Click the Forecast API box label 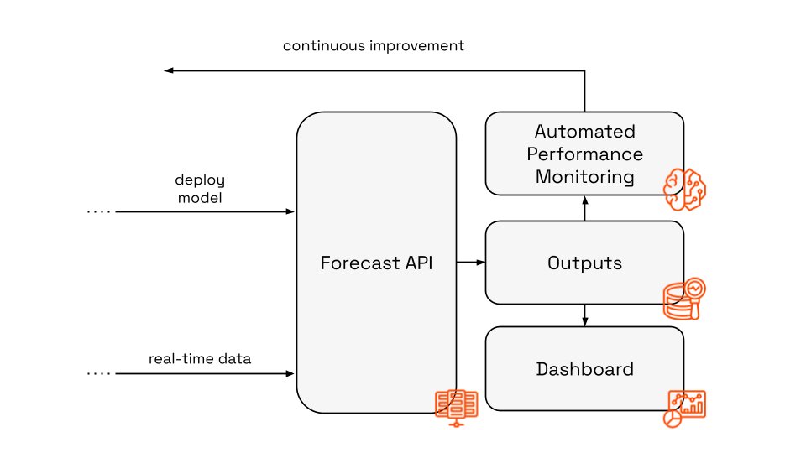click(x=376, y=263)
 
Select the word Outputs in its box click(x=584, y=263)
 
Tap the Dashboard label click(x=584, y=369)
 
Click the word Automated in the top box click(x=584, y=132)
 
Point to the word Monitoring click(x=584, y=177)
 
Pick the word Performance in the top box click(x=584, y=154)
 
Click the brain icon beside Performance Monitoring click(x=684, y=189)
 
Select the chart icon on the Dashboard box click(x=685, y=408)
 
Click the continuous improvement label click(x=373, y=46)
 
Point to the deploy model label click(x=200, y=189)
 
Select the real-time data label click(x=200, y=359)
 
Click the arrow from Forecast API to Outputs click(x=471, y=263)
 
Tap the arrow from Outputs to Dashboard click(x=584, y=315)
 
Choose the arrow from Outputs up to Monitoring click(x=584, y=207)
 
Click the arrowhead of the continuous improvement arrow click(x=168, y=71)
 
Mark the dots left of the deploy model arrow click(x=99, y=212)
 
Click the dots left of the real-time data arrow click(x=99, y=373)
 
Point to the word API click(x=417, y=263)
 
